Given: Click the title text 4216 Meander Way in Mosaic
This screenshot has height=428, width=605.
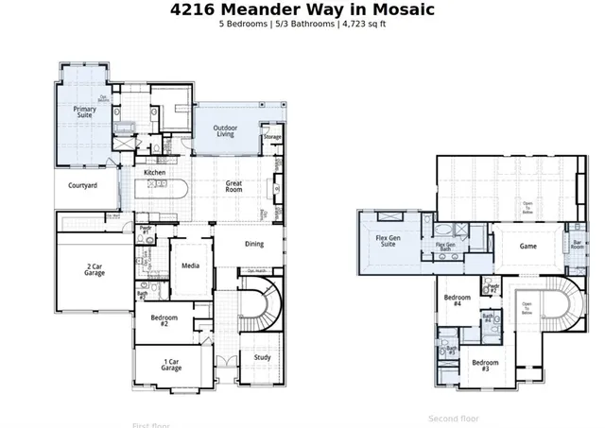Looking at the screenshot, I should (x=302, y=9).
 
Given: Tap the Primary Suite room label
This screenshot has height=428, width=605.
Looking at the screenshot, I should (x=85, y=112).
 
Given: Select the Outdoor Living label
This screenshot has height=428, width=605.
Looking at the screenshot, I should (x=225, y=130).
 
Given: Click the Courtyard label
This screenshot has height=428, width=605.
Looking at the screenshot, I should (x=83, y=186).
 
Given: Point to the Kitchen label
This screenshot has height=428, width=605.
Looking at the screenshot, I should (x=155, y=173).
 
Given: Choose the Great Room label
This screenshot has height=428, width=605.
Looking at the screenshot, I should (x=234, y=186).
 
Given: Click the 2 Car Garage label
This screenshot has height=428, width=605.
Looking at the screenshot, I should (x=94, y=269).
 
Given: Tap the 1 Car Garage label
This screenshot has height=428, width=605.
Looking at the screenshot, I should (x=171, y=365).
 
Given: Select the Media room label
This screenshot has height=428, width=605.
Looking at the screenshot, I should (x=190, y=265).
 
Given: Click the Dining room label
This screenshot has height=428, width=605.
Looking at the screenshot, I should (x=254, y=244).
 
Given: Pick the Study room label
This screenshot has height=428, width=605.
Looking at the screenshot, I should (x=262, y=357).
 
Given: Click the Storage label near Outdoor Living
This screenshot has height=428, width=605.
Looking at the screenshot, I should (x=272, y=137).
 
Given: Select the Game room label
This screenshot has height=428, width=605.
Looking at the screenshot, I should (x=528, y=246).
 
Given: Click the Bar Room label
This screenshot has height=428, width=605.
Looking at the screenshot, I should (x=577, y=245).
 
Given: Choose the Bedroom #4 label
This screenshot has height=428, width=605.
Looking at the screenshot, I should (x=458, y=301).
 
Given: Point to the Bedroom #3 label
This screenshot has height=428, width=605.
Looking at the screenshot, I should (x=486, y=366).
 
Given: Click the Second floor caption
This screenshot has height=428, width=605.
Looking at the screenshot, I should (x=454, y=418).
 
